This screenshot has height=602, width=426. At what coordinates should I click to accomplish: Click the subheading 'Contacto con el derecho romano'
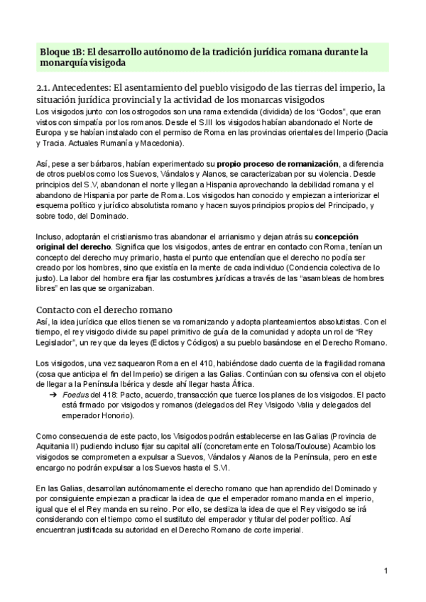pos(107,310)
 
